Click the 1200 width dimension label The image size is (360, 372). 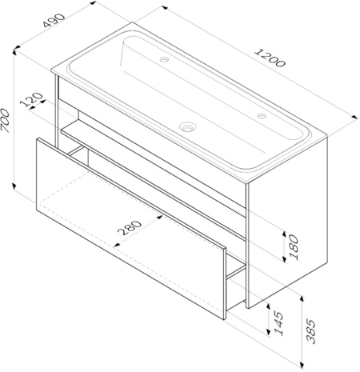point(270,58)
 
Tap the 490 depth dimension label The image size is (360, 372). point(54,21)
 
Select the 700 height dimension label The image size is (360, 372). point(6,120)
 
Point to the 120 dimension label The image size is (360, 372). point(32,99)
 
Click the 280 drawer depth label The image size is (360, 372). point(129,228)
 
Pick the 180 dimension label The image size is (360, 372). point(294,247)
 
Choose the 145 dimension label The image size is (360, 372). point(279,323)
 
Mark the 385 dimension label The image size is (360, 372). point(311,330)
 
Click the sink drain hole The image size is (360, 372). point(188,126)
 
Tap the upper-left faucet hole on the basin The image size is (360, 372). point(164,59)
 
